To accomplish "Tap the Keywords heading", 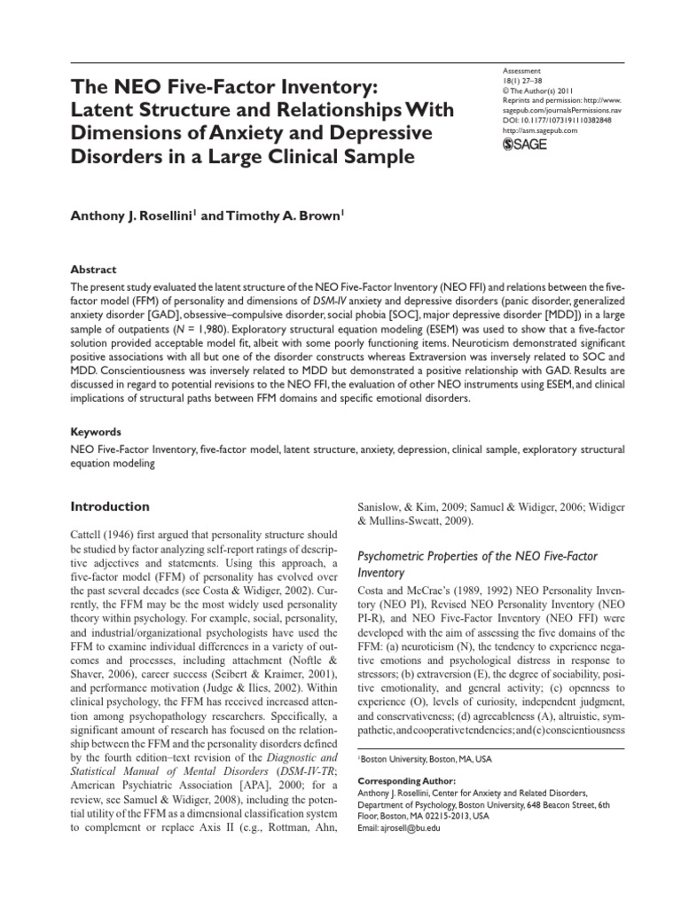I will (96, 433).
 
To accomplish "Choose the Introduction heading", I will (110, 506).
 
